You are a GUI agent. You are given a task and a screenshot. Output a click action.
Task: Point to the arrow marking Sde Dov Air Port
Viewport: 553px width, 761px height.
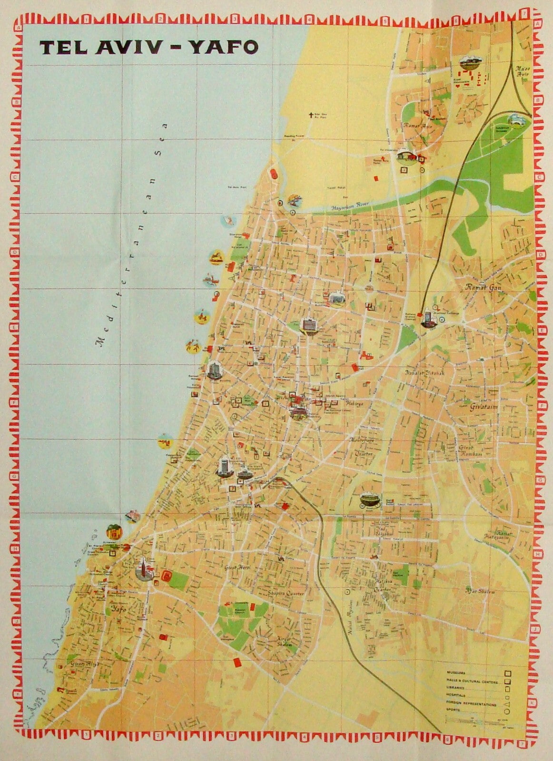313,114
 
